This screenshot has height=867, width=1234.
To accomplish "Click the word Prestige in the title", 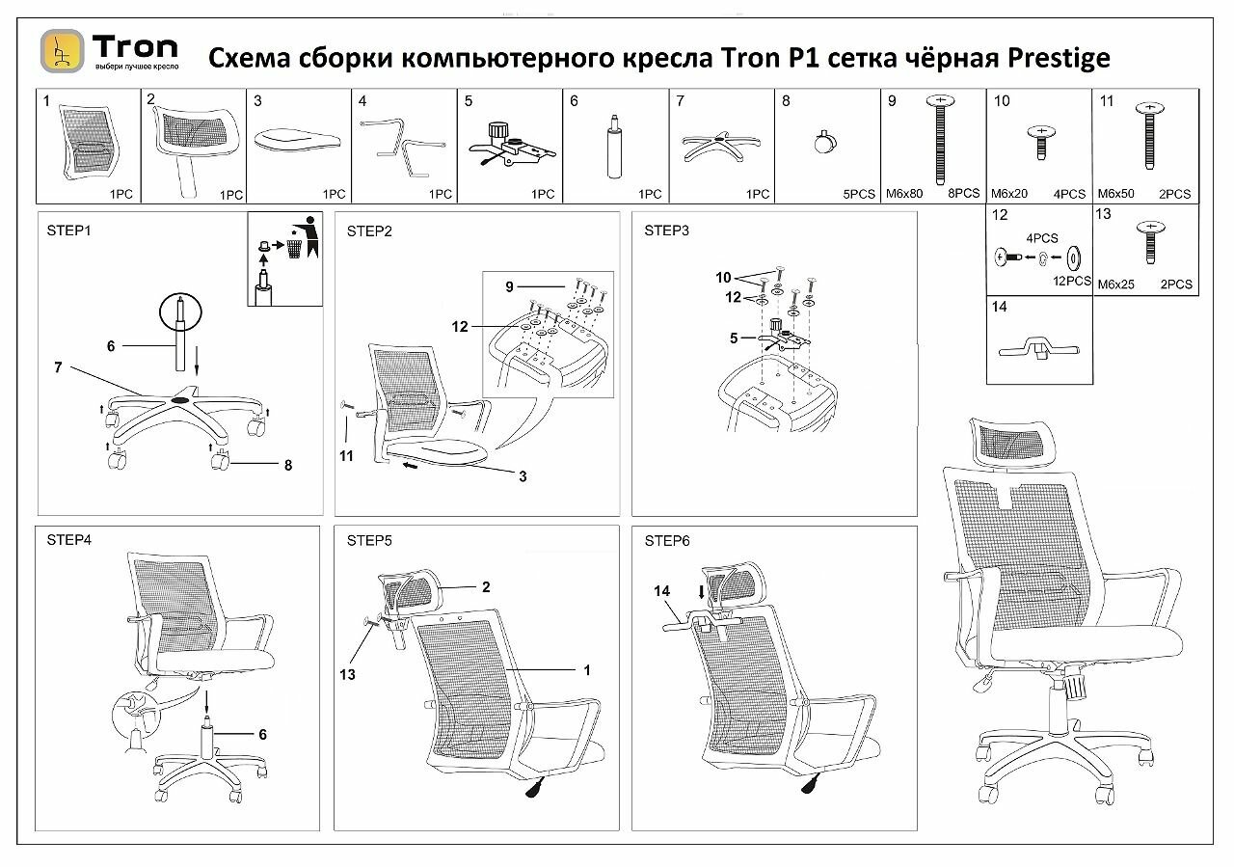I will (x=1059, y=59).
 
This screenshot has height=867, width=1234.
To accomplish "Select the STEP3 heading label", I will (x=667, y=230).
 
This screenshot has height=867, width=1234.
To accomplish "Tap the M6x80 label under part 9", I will (x=905, y=194).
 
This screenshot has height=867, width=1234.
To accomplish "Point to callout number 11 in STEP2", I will (x=346, y=455).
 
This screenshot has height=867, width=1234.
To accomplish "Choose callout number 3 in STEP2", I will (x=523, y=476).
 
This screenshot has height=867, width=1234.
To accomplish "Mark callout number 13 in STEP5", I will (x=348, y=674).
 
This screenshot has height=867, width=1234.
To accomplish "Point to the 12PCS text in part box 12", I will (x=1072, y=282).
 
